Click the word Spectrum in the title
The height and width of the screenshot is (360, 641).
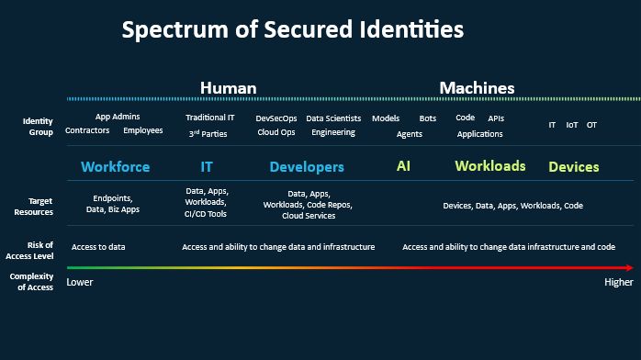click(x=176, y=30)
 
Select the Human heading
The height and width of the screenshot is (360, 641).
click(x=228, y=88)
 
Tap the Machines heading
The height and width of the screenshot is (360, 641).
click(x=477, y=88)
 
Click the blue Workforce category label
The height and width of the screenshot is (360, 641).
click(x=116, y=167)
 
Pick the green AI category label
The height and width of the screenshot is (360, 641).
click(x=403, y=166)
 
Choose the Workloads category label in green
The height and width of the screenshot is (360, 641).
click(x=490, y=166)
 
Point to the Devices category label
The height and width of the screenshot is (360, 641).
click(x=574, y=167)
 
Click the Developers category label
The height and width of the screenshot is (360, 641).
click(x=307, y=167)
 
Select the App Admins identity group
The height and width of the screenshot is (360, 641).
click(x=118, y=117)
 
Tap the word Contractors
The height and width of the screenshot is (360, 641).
click(x=87, y=130)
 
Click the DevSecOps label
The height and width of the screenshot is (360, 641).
click(x=276, y=118)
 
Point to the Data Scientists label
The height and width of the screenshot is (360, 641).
click(x=333, y=118)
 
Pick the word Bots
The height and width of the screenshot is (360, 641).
click(x=428, y=118)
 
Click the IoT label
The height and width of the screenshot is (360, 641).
click(x=571, y=125)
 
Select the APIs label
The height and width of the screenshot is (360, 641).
click(x=496, y=118)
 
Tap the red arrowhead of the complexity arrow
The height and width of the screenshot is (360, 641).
click(x=630, y=267)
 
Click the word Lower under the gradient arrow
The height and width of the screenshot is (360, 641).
click(x=80, y=282)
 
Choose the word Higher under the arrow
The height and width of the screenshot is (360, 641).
click(x=619, y=282)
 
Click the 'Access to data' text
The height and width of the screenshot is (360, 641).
click(x=98, y=247)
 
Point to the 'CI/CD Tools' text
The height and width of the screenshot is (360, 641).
click(x=205, y=214)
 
